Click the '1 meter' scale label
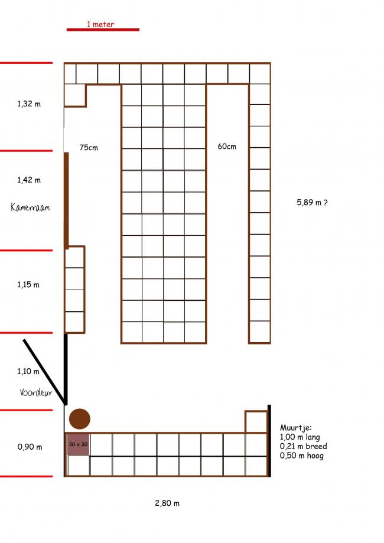click(x=100, y=24)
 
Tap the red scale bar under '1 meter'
click(x=103, y=30)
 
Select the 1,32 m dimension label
click(x=29, y=103)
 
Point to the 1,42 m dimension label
click(x=29, y=180)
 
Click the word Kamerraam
click(x=30, y=207)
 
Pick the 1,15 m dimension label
click(x=28, y=285)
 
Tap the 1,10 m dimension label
click(x=28, y=371)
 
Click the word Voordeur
click(x=35, y=392)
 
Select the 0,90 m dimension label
click(x=30, y=447)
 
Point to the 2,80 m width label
click(x=167, y=503)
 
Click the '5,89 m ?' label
click(x=312, y=202)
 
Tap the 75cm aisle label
click(x=89, y=148)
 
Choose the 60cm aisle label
click(x=227, y=147)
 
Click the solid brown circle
click(x=80, y=419)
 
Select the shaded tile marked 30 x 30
click(x=78, y=444)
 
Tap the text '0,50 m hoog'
click(x=302, y=456)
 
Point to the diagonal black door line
click(x=44, y=372)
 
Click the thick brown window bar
click(x=66, y=200)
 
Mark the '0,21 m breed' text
click(x=303, y=446)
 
